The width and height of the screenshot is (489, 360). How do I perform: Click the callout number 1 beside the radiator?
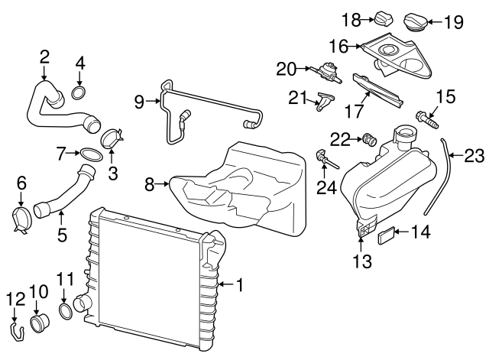coord(239,287)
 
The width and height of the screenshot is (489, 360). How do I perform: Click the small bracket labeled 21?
coord(324,101)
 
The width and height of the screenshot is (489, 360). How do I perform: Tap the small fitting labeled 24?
coord(325,160)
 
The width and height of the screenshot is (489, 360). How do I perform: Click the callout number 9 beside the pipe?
coord(139,102)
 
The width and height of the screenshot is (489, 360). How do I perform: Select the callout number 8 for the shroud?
coord(151,183)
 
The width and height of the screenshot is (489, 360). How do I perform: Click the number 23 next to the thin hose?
coord(474,157)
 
